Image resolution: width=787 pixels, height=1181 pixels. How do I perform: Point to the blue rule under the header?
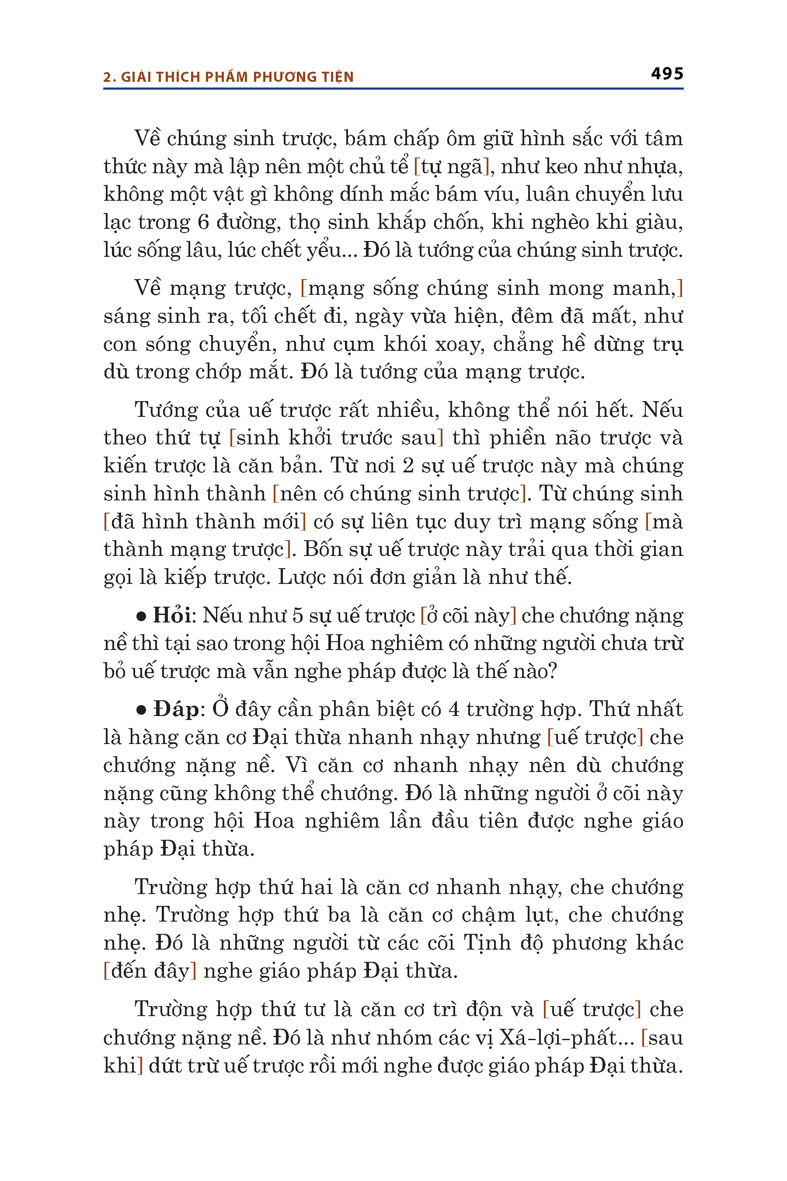pos(393,89)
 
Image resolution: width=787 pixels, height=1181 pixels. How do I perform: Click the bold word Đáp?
pos(176,709)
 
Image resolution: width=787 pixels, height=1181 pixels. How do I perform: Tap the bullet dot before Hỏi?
pos(142,616)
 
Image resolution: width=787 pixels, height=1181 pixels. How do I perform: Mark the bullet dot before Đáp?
pos(142,710)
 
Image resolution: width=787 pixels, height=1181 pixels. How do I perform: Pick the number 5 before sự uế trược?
pos(298,615)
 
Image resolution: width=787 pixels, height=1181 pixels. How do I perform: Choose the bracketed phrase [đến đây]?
pos(150,971)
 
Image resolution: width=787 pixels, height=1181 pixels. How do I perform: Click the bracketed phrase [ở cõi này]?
pos(468,615)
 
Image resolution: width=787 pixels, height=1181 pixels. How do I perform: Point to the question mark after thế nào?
pos(552,671)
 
